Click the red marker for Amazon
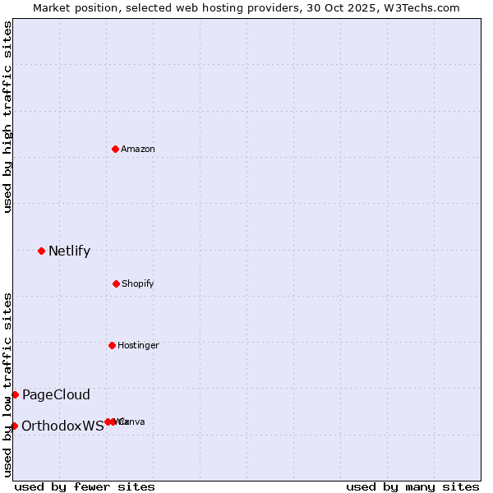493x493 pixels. [x=116, y=149]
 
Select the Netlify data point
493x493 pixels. [x=41, y=251]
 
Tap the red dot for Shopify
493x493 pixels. [x=116, y=283]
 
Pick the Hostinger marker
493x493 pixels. [x=112, y=345]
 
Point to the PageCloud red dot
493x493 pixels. [x=15, y=394]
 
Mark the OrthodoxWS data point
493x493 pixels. [x=14, y=426]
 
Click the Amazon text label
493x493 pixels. [x=138, y=149]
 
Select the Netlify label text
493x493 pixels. [x=69, y=251]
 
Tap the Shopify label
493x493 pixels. [x=138, y=283]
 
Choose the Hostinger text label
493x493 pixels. [x=138, y=345]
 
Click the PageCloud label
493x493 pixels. [x=56, y=394]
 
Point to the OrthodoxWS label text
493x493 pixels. [x=62, y=426]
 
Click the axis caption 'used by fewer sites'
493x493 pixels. [x=85, y=486]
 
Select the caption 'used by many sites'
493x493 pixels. [x=412, y=486]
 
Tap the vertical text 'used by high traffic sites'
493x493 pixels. [x=7, y=117]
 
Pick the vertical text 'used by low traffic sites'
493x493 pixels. [x=7, y=385]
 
